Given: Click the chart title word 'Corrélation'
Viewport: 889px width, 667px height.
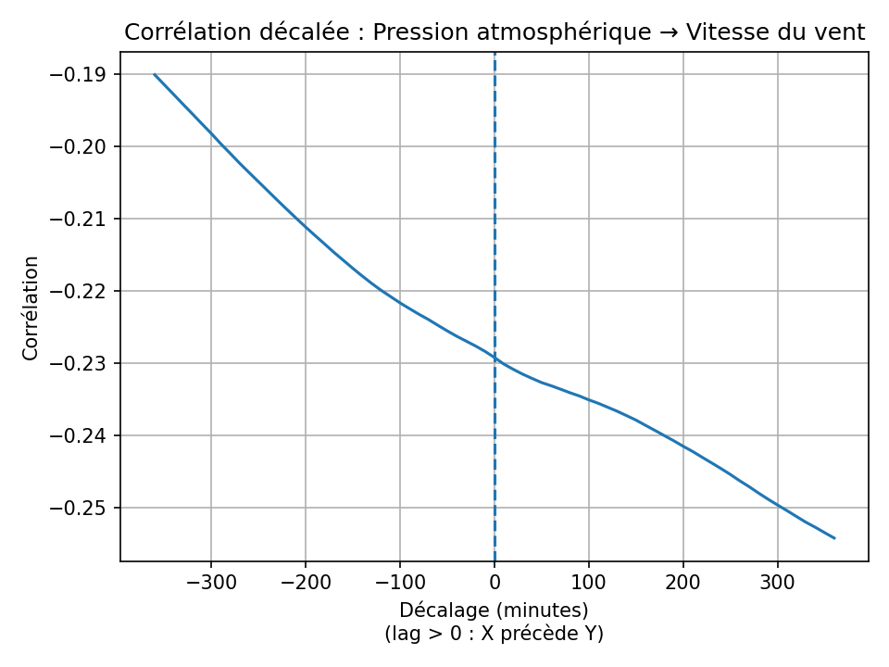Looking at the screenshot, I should pos(177,33).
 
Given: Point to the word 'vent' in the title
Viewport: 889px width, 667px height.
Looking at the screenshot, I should pos(840,33).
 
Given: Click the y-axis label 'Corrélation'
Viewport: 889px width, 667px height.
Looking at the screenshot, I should pos(31,308).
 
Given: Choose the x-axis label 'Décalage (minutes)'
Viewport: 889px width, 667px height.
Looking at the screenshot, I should pos(494,610).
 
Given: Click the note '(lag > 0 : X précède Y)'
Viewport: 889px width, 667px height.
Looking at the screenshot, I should pos(494,634).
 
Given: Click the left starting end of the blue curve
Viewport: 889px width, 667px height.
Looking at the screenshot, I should pos(155,74).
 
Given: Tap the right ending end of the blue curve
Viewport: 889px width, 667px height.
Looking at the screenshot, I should pos(834,538).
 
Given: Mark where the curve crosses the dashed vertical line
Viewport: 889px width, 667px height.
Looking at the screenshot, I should pos(495,358).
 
